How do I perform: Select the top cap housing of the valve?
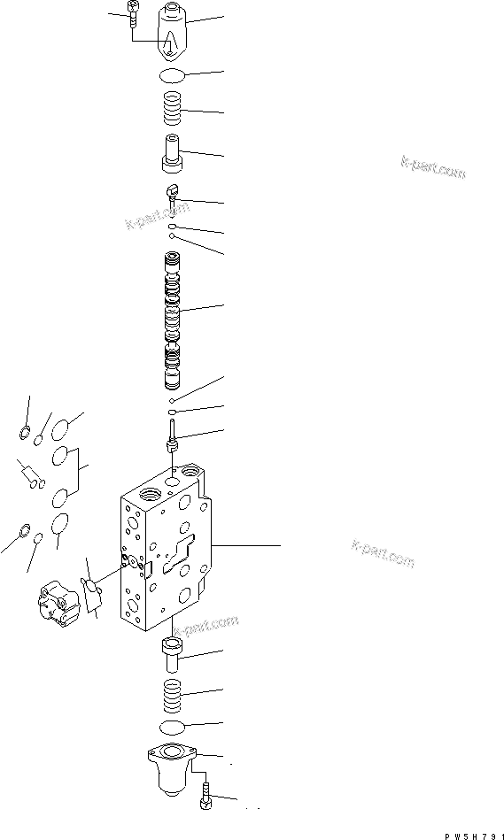click(x=174, y=32)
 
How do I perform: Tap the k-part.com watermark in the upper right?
click(x=433, y=167)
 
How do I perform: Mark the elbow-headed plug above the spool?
click(x=174, y=193)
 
